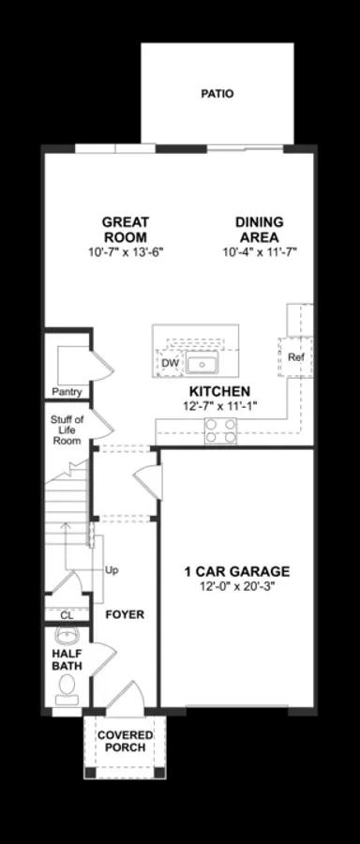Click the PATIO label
[x=217, y=94]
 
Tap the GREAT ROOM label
[x=126, y=230]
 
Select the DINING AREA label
[x=259, y=230]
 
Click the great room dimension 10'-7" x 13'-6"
[x=126, y=252]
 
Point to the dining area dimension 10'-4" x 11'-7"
[x=260, y=252]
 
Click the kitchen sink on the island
[x=201, y=364]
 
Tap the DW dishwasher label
[x=170, y=363]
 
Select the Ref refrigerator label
[x=296, y=357]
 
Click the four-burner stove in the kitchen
[x=220, y=430]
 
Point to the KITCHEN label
[x=219, y=391]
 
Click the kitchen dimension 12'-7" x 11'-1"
[x=219, y=406]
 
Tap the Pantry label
[x=67, y=392]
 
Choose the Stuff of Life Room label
[x=67, y=430]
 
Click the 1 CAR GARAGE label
[x=235, y=571]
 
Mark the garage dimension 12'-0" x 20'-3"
[x=235, y=587]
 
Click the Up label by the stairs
[x=112, y=569]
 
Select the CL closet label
[x=67, y=615]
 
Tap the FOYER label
[x=124, y=615]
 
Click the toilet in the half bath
[x=67, y=692]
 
